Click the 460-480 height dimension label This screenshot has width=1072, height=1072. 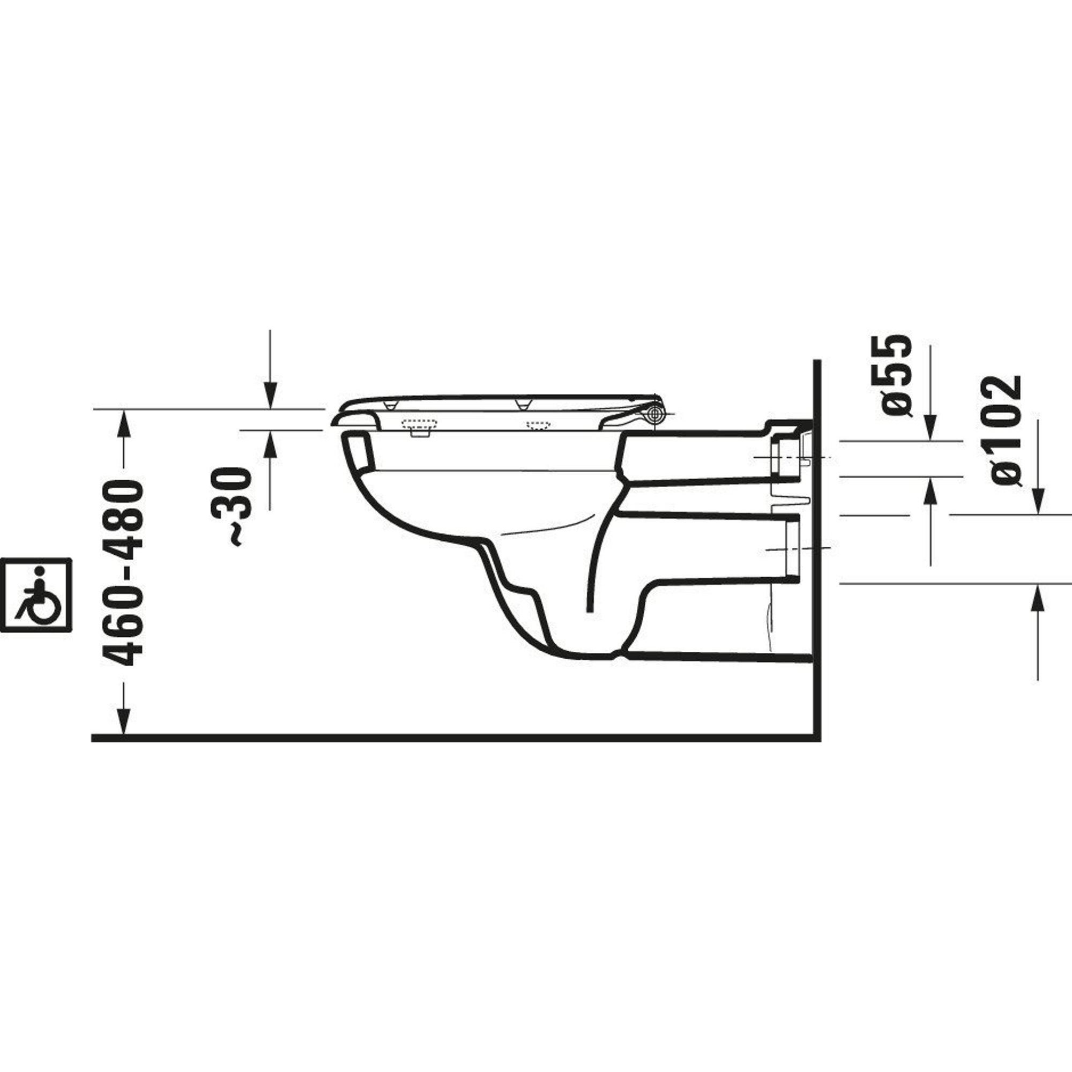tap(123, 574)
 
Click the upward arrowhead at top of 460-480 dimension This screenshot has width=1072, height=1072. tap(124, 426)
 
